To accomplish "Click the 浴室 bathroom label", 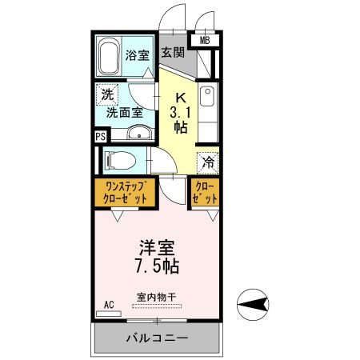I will (137, 55).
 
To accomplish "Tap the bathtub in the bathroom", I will (110, 55).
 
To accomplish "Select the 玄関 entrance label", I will (172, 54).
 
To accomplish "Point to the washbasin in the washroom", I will (138, 134).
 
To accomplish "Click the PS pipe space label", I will (100, 136).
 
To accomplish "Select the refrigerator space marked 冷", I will (207, 161).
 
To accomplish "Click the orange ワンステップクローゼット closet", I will (123, 192).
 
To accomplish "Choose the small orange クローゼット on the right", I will (205, 192).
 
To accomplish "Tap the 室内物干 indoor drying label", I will (156, 298).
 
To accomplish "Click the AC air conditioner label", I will (110, 305).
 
